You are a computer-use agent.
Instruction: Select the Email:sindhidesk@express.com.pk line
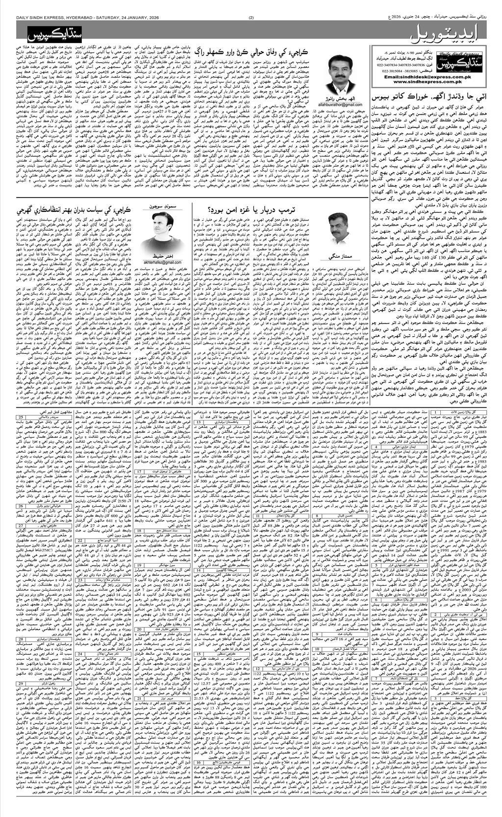tap(437, 75)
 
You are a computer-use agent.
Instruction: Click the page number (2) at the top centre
tap(251, 19)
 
